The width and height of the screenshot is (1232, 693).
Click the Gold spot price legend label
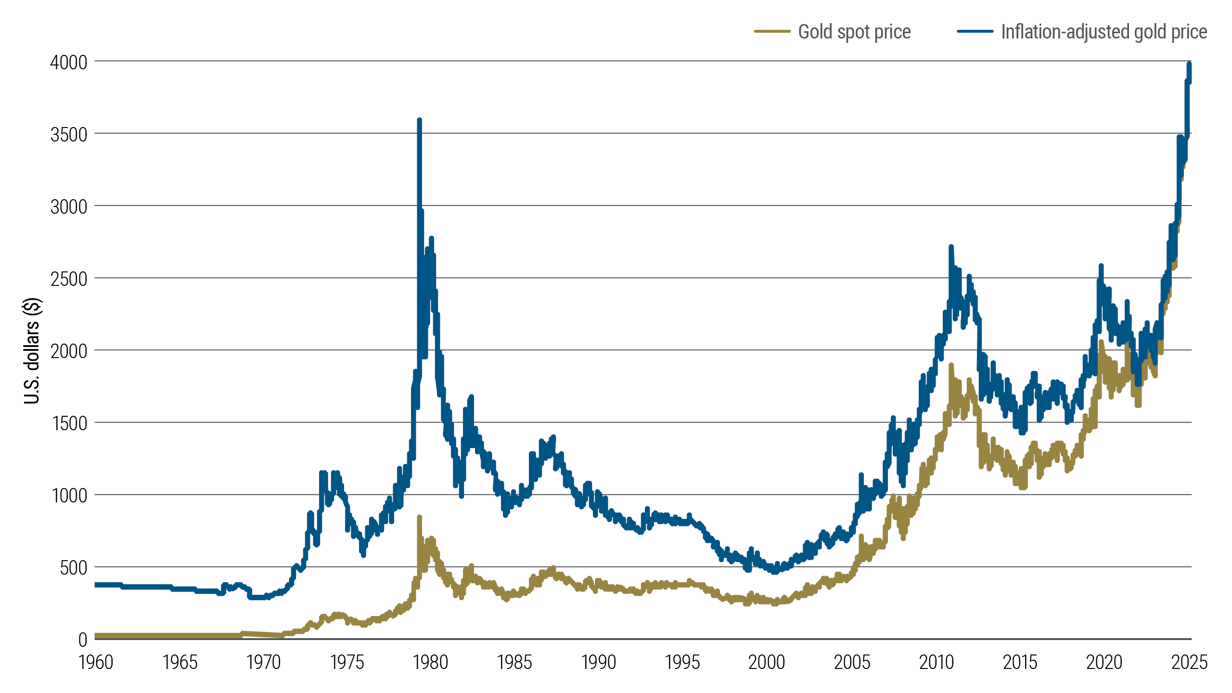pyautogui.click(x=854, y=32)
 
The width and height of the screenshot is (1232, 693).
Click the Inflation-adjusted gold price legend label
pyautogui.click(x=1104, y=32)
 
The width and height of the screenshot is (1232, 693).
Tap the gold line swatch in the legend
pyautogui.click(x=772, y=32)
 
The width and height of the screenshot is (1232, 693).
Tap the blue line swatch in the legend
pyautogui.click(x=975, y=32)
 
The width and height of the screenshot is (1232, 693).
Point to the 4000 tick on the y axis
pyautogui.click(x=69, y=63)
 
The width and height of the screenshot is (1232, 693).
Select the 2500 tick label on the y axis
pyautogui.click(x=69, y=279)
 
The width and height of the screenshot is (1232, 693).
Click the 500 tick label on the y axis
pyautogui.click(x=73, y=568)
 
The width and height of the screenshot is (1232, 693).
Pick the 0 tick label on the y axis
pyautogui.click(x=83, y=640)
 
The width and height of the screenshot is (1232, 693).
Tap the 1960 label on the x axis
pyautogui.click(x=96, y=663)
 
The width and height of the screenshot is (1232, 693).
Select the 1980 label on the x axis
pyautogui.click(x=431, y=663)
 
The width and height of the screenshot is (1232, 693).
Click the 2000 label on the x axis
pyautogui.click(x=766, y=663)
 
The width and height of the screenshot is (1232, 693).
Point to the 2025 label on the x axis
pyautogui.click(x=1189, y=663)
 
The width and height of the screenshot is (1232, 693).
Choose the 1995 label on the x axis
pyautogui.click(x=682, y=663)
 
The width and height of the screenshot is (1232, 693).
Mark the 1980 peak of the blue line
pyautogui.click(x=419, y=120)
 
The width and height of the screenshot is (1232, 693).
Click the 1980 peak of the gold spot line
pyautogui.click(x=419, y=517)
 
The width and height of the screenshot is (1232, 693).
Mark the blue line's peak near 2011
pyautogui.click(x=951, y=247)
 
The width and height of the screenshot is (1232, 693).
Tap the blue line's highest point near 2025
pyautogui.click(x=1189, y=64)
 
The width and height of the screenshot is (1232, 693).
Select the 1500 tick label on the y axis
pyautogui.click(x=69, y=423)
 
